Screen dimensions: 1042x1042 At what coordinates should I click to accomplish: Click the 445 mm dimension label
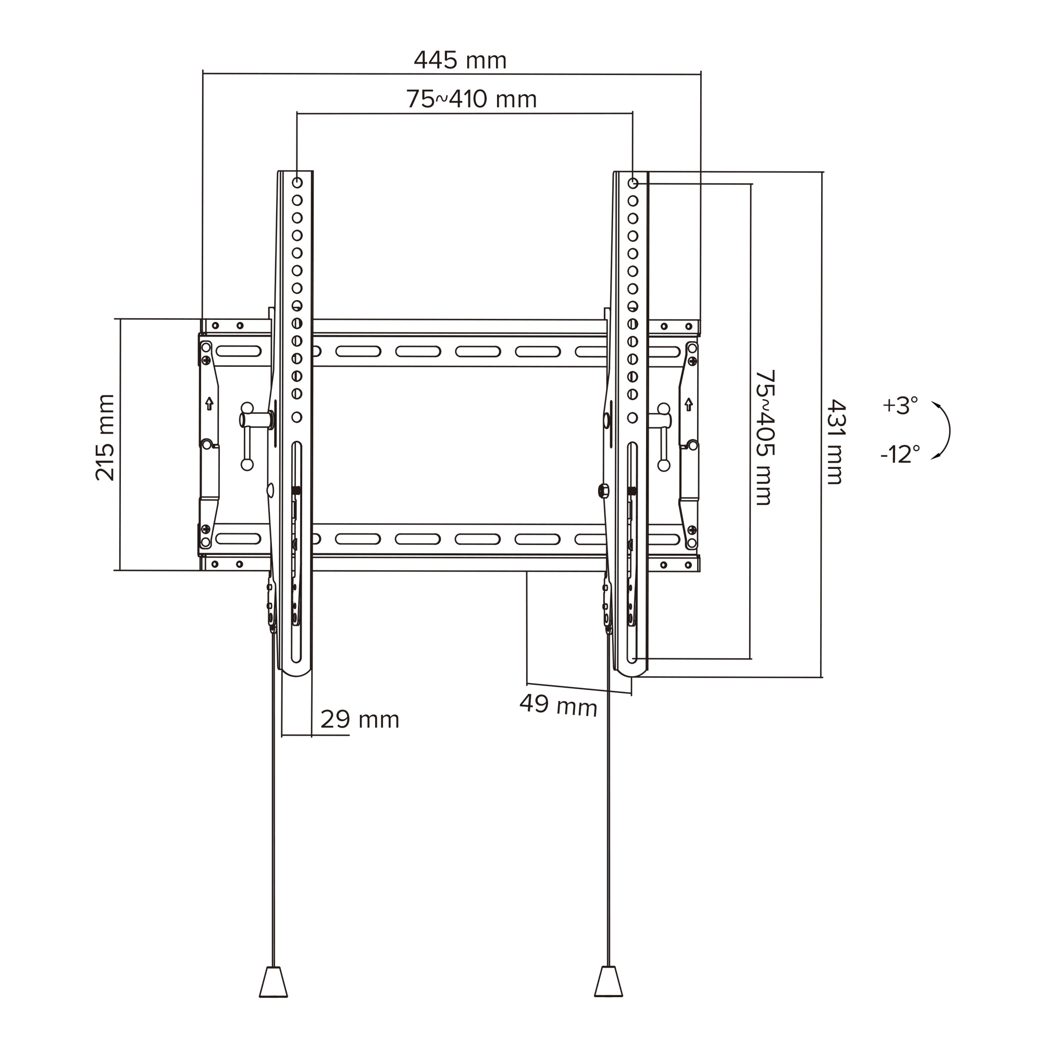point(460,60)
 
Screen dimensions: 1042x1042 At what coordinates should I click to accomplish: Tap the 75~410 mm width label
point(472,99)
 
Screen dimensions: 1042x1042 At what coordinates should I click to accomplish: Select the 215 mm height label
point(105,438)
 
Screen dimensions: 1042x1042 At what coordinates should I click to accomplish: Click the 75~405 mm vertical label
point(764,437)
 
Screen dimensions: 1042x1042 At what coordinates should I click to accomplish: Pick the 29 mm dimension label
point(359,720)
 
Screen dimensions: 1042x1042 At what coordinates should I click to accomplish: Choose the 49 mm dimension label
point(558,705)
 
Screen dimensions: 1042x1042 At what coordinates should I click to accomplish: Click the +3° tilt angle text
point(900,405)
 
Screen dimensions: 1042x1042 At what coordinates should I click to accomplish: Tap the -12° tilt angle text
point(900,454)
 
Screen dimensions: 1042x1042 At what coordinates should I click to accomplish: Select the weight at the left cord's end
point(274,997)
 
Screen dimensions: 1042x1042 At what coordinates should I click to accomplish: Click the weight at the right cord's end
point(609,997)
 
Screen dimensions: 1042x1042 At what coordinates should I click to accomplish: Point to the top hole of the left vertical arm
point(297,182)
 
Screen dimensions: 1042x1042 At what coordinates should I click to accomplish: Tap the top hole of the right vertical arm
point(633,183)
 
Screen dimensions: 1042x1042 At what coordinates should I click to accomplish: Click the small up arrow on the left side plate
point(209,403)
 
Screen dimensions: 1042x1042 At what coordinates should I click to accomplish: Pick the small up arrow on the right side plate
point(688,403)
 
